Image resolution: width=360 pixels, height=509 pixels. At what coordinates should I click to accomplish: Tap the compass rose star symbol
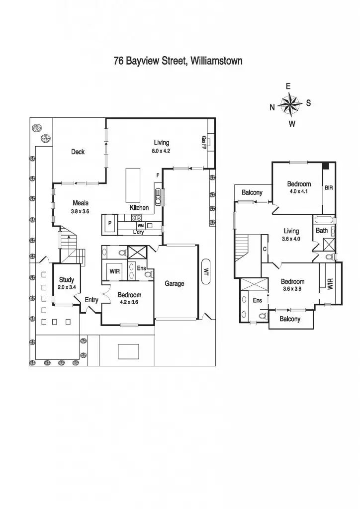pos(289,104)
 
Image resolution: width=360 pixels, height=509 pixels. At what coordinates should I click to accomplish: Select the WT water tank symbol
pos(206,271)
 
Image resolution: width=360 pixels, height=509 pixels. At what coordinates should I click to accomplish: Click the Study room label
pos(67,280)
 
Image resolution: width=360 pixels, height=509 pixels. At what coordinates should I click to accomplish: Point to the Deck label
pos(78,152)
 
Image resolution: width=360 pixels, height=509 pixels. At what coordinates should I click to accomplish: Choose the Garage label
pos(175,283)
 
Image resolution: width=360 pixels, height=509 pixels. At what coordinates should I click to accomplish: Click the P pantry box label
pos(109,223)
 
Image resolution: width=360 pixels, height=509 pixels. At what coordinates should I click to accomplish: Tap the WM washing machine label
pos(141,226)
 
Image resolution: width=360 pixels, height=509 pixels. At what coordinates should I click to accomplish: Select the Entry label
pos(91,300)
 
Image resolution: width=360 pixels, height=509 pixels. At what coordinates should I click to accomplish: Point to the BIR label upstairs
pos(329,188)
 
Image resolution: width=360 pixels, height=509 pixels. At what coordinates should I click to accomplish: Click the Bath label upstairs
pos(321,230)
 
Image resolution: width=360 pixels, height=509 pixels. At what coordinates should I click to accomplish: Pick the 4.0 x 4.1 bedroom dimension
pos(299,191)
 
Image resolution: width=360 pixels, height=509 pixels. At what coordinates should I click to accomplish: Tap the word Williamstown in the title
pos(213,62)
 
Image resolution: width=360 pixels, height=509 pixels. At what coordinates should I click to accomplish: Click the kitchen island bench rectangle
pos(133,183)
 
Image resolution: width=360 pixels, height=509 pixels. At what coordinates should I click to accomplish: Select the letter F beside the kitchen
pos(158,175)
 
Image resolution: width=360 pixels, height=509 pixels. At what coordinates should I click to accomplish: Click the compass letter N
pos(272,107)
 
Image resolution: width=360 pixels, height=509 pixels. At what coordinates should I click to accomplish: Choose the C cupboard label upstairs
pos(265,249)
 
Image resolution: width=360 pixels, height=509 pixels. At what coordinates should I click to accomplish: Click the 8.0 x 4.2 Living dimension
pos(161,151)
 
